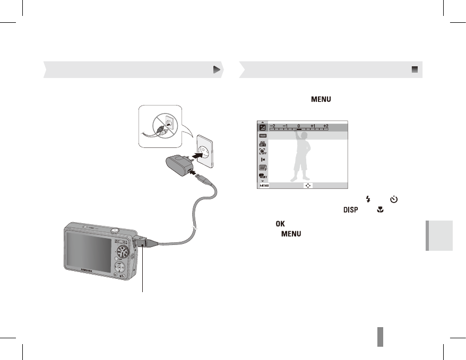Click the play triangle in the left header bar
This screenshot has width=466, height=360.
click(x=216, y=69)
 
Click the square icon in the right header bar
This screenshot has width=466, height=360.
click(x=415, y=69)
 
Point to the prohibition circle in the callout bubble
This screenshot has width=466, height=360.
click(x=162, y=128)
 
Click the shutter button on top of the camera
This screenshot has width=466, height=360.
click(x=114, y=229)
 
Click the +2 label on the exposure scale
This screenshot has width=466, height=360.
click(x=325, y=126)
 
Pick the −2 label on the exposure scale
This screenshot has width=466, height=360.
click(x=272, y=126)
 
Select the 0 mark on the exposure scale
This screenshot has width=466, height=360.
click(x=299, y=126)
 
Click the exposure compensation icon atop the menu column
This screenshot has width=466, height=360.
click(x=262, y=127)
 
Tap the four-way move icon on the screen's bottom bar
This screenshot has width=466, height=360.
click(x=308, y=186)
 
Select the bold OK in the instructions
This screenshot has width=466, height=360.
click(x=280, y=224)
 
